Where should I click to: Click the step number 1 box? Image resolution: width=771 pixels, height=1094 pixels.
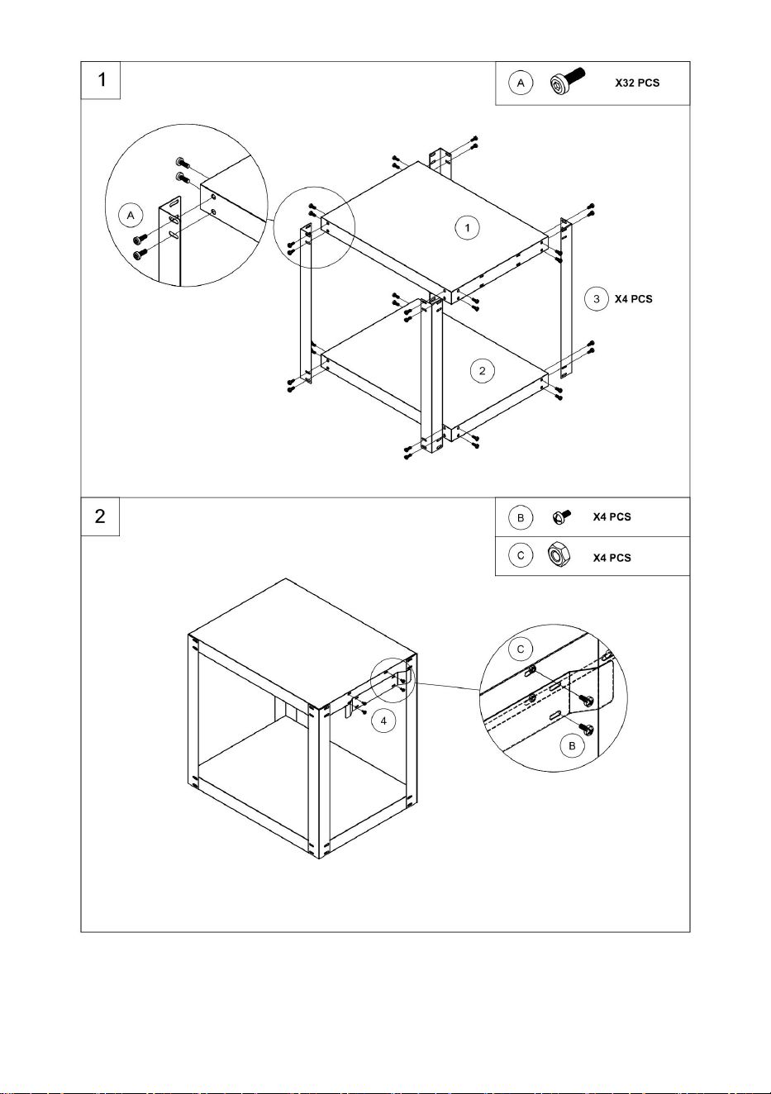click(101, 80)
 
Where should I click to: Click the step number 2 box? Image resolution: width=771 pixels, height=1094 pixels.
click(100, 516)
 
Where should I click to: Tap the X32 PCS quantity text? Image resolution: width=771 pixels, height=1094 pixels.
click(637, 83)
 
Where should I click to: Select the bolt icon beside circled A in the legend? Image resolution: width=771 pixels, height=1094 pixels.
click(567, 81)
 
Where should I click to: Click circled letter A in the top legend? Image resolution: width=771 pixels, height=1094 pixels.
click(521, 83)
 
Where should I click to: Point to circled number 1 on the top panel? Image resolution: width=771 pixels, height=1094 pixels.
click(468, 227)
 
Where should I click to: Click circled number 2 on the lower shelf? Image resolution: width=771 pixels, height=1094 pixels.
click(483, 371)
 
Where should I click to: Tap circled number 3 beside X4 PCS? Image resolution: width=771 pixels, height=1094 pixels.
click(597, 299)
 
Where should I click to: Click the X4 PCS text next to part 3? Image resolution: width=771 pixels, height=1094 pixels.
click(634, 299)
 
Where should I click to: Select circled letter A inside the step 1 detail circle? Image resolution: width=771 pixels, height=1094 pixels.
click(131, 216)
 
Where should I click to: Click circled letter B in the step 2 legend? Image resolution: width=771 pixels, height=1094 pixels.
click(521, 518)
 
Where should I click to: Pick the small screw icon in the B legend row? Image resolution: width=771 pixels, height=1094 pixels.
click(561, 516)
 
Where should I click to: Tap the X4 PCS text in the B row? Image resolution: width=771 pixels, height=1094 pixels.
click(612, 516)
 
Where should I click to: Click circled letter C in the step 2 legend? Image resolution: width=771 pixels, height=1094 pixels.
click(521, 556)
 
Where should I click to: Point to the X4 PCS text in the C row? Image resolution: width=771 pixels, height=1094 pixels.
click(612, 558)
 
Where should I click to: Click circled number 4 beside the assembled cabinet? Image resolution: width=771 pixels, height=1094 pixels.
click(383, 721)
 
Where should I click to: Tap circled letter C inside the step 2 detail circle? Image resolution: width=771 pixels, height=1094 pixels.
click(521, 649)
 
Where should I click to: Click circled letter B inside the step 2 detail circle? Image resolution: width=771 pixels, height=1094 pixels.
click(572, 746)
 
